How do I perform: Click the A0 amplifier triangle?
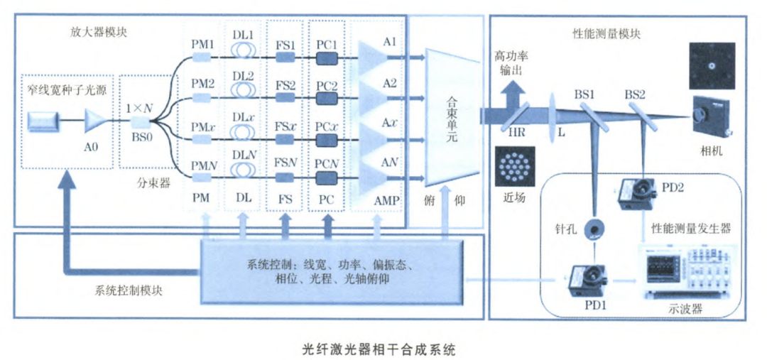click(94, 121)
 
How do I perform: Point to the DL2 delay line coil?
click(244, 89)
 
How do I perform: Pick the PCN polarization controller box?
click(327, 178)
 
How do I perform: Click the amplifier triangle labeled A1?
click(371, 55)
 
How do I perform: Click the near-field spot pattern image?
click(516, 166)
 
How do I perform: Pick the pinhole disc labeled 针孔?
click(594, 229)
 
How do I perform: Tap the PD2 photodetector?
click(635, 192)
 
